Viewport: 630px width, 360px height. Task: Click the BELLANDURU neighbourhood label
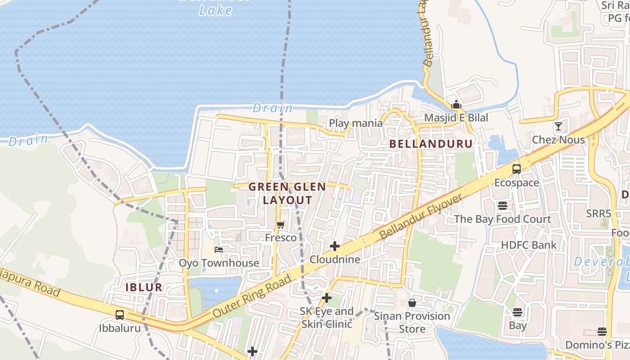tap(431, 144)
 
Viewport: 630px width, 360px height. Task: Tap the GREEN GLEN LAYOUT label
tap(287, 193)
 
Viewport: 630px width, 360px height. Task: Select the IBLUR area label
tap(144, 288)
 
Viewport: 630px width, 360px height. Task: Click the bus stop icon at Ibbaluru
tap(120, 315)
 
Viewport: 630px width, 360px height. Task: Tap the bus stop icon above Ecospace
tap(517, 169)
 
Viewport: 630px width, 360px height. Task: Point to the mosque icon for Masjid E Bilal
tap(456, 105)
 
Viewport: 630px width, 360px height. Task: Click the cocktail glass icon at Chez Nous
tap(558, 126)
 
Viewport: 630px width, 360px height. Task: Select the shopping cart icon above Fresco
tap(281, 225)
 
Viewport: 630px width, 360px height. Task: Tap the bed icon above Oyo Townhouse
tap(219, 249)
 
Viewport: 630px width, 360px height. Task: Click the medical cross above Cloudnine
tap(335, 246)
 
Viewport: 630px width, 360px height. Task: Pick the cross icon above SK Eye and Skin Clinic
tap(327, 298)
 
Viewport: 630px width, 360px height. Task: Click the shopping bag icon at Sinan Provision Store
tap(412, 303)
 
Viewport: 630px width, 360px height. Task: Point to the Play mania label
tap(355, 123)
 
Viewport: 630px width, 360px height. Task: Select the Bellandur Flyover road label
tap(421, 217)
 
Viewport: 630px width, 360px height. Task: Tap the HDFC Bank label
tap(529, 245)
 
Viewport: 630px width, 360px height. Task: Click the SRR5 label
tap(598, 214)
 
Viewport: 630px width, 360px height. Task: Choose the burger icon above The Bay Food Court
tap(502, 206)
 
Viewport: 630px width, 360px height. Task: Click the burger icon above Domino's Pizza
tap(602, 332)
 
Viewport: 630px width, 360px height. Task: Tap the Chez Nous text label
tap(558, 139)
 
